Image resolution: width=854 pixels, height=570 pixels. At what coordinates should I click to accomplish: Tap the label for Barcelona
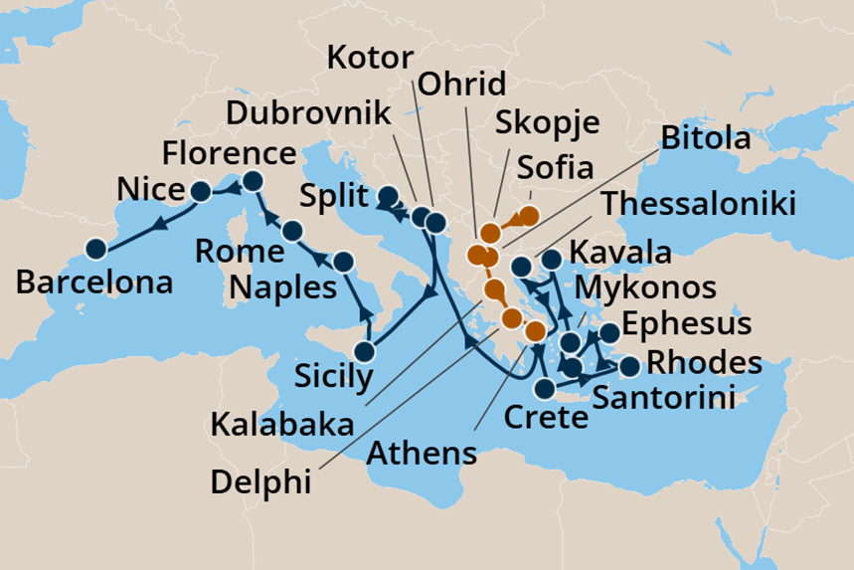click(94, 283)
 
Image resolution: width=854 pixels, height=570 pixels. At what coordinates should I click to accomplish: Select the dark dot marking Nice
click(200, 191)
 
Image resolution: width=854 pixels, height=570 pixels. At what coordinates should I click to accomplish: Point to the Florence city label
click(229, 154)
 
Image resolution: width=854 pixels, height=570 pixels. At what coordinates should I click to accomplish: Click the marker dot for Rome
click(291, 231)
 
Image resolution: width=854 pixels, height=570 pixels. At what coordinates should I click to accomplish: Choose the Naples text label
click(282, 287)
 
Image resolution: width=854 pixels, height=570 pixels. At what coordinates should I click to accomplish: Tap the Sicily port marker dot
click(365, 351)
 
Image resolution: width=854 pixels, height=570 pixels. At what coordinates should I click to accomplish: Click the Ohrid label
click(462, 83)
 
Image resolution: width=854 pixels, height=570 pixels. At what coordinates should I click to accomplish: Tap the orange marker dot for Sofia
click(529, 215)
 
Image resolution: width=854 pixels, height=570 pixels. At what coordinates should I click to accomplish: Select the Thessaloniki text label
click(699, 205)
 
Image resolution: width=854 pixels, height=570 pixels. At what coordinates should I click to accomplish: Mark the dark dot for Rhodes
click(629, 368)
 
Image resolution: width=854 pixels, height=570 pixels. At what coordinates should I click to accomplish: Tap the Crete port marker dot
click(545, 388)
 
